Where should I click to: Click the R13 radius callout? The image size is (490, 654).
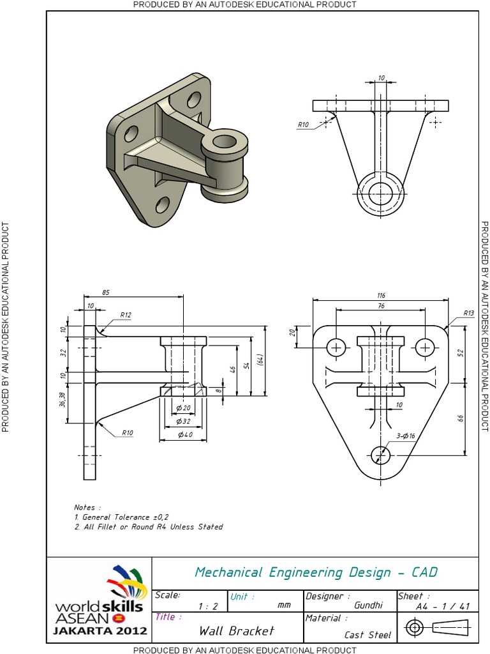click(469, 313)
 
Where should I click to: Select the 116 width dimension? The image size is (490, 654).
click(381, 296)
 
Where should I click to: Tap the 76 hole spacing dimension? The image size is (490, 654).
click(381, 306)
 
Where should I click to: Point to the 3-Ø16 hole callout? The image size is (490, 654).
click(406, 436)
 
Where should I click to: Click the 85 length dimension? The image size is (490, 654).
click(105, 293)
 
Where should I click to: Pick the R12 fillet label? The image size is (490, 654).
click(126, 315)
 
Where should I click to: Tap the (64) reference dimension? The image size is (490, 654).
click(260, 360)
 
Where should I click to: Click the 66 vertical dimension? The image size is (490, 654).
click(461, 418)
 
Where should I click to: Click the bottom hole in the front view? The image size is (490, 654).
click(380, 455)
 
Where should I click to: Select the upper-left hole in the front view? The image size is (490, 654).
click(336, 347)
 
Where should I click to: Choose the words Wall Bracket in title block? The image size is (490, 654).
click(236, 631)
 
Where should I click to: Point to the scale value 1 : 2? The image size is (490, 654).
click(209, 606)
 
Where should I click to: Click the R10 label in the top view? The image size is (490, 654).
click(302, 125)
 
